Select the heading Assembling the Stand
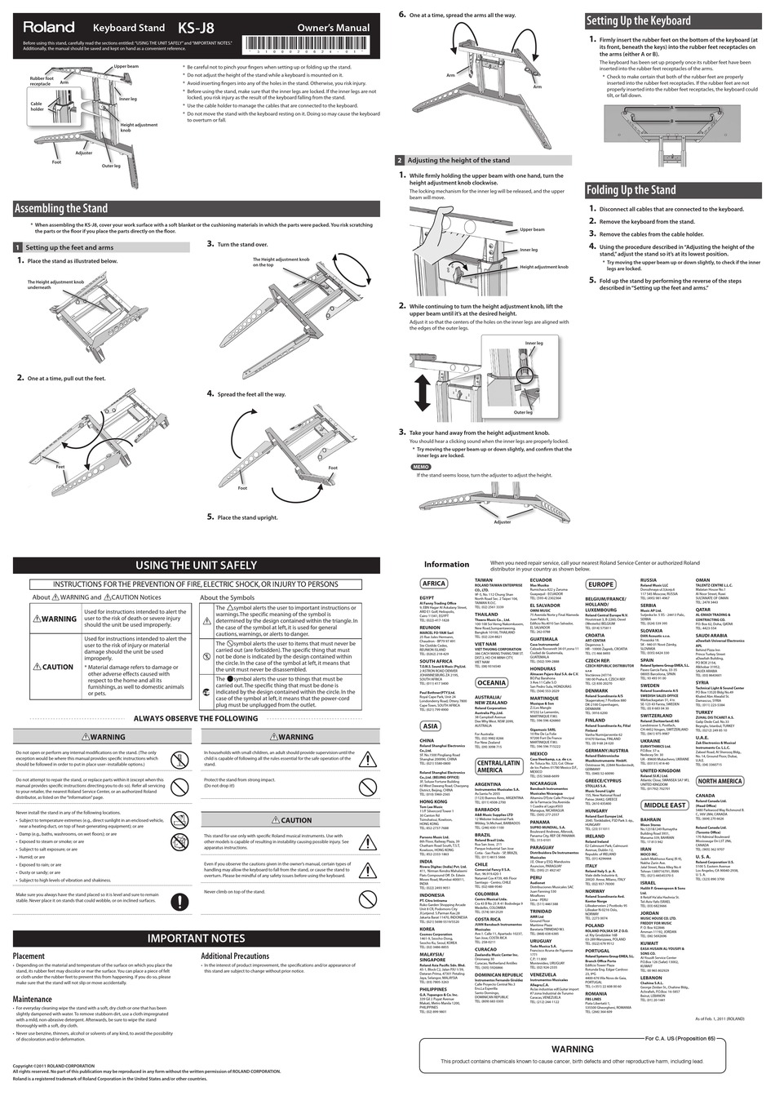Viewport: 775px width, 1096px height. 61,209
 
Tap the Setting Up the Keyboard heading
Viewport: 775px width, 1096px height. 638,21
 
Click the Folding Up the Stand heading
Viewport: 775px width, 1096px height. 631,190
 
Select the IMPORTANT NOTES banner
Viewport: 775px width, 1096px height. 196,938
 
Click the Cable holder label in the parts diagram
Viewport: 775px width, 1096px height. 37,107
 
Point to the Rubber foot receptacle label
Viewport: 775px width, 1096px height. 40,81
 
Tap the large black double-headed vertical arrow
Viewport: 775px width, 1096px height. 421,396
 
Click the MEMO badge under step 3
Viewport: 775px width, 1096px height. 419,467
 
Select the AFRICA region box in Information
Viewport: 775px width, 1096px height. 433,583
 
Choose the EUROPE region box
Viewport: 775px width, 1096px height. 601,584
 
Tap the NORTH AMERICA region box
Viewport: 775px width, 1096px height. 720,781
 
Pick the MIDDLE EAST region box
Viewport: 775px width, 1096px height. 665,805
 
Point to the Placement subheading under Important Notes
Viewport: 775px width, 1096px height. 29,956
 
